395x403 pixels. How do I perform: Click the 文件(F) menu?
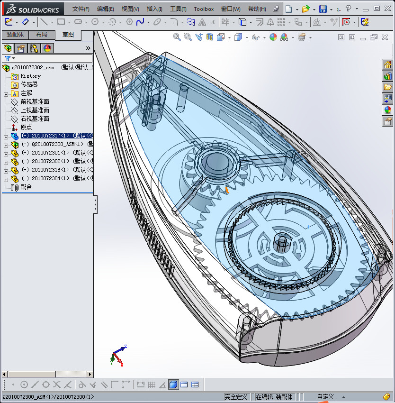(81, 9)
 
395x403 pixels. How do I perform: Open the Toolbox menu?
(204, 9)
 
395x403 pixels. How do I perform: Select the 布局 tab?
(42, 35)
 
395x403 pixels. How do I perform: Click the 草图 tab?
(68, 35)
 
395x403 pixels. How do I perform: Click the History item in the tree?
(30, 76)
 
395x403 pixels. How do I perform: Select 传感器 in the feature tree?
(29, 84)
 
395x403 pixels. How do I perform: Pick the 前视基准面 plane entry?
(35, 101)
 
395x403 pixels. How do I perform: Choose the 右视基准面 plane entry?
(35, 119)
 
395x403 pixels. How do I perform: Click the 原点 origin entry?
(26, 127)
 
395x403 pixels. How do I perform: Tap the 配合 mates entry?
(26, 187)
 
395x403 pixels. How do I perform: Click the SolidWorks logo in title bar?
(33, 9)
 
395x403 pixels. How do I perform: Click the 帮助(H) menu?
(257, 9)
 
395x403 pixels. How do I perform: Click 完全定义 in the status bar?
(236, 397)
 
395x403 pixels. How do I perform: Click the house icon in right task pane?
(387, 65)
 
